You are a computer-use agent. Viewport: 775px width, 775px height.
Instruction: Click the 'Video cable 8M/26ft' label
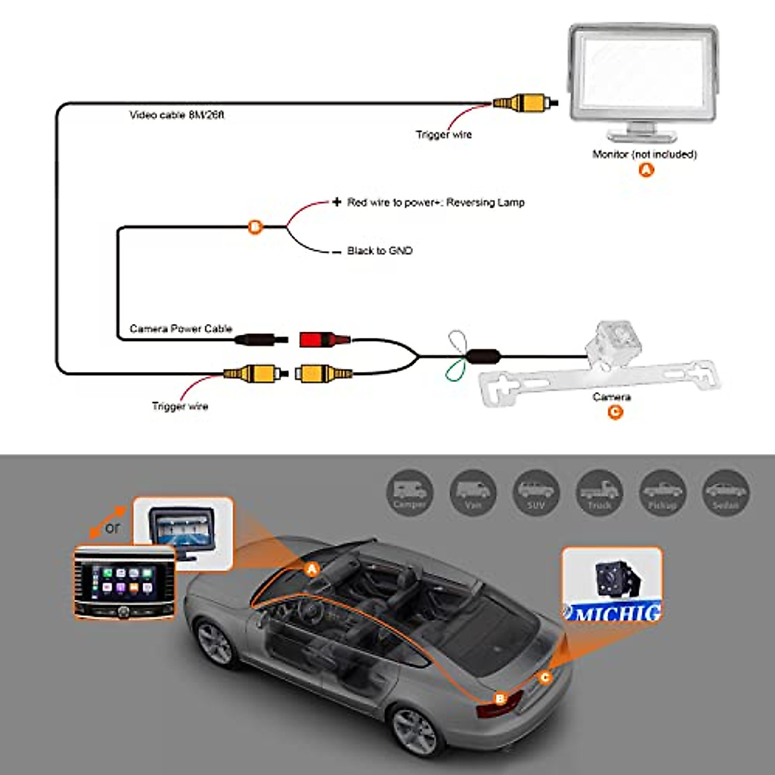click(x=176, y=115)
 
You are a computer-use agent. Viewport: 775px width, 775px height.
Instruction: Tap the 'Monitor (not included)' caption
click(x=645, y=154)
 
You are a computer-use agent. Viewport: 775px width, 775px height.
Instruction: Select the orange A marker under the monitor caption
click(x=646, y=170)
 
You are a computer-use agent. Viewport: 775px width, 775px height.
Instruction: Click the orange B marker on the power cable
click(x=256, y=227)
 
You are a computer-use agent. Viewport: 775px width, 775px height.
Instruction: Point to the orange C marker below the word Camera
click(x=615, y=411)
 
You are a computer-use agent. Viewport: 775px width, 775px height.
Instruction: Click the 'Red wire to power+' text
click(x=435, y=202)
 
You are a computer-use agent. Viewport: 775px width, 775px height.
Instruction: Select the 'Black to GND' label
click(x=379, y=251)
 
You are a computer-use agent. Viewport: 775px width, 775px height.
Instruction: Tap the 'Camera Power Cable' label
click(x=181, y=329)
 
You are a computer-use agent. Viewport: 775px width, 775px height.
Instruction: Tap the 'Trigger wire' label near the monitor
click(x=444, y=134)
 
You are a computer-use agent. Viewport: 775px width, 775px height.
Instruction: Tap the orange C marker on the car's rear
click(x=546, y=677)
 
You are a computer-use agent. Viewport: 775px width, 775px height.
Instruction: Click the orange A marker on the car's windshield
click(x=312, y=569)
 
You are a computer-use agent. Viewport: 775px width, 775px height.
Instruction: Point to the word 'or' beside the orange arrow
click(x=113, y=528)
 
